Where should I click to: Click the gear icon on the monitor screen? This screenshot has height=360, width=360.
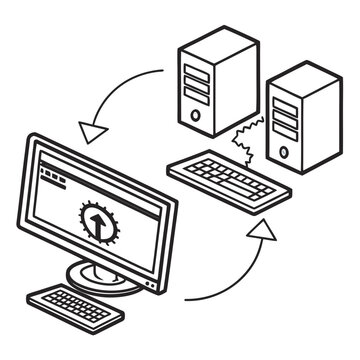point(96,221)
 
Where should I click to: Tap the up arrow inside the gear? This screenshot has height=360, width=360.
point(96,221)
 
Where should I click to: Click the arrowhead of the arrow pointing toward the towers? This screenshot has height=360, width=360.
point(261,232)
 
